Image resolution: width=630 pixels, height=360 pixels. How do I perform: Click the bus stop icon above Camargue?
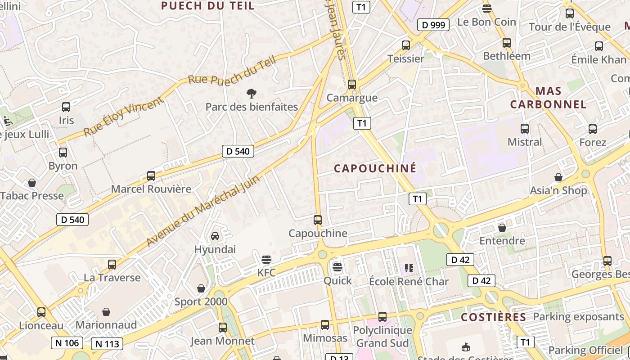[352, 84]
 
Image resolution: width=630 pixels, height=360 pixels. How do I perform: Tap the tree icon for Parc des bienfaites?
[252, 94]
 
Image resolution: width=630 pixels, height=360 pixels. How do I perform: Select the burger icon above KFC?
[266, 260]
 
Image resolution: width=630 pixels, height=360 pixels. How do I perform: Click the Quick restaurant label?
[338, 281]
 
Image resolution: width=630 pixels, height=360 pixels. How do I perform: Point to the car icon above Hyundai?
[215, 236]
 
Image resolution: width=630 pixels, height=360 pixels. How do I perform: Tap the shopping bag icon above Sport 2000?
[201, 288]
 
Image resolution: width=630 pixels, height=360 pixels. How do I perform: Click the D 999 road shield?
[433, 25]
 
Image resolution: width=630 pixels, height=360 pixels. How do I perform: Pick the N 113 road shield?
[107, 344]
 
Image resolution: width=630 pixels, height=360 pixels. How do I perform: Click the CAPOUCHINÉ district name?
[375, 168]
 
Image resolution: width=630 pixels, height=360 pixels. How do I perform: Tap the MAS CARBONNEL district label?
[548, 98]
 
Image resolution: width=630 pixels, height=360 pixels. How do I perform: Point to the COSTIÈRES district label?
[494, 317]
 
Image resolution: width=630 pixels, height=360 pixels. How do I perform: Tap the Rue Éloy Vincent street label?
[124, 117]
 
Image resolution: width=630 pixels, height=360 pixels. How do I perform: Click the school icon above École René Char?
[409, 268]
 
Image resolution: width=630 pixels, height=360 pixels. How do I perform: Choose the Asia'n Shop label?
[558, 190]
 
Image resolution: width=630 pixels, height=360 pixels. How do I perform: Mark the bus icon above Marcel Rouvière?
[151, 176]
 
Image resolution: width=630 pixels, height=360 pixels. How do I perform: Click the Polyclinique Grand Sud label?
[382, 337]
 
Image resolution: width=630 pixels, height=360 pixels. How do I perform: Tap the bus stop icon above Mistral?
[525, 129]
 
